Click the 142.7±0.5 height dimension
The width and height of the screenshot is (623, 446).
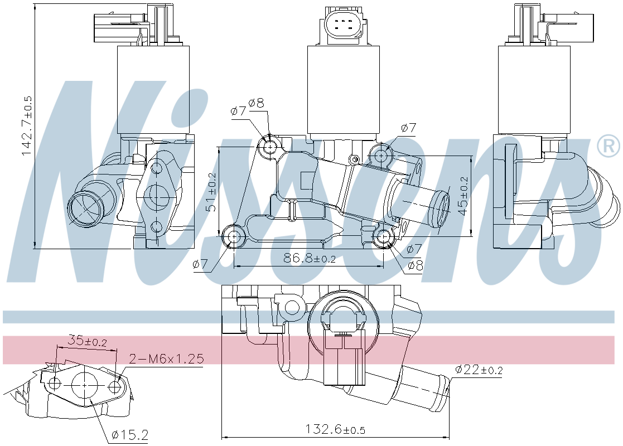click(x=26, y=126)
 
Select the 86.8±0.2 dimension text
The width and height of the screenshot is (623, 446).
click(x=310, y=259)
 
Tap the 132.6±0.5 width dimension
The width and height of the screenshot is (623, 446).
click(x=335, y=429)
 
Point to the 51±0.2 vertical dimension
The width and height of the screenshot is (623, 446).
click(x=212, y=192)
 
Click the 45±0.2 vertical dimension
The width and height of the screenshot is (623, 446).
click(x=463, y=196)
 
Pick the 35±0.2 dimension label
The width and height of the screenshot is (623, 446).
click(x=88, y=341)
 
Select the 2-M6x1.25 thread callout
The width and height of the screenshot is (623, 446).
click(x=166, y=358)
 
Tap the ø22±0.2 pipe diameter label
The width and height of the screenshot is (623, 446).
click(x=479, y=370)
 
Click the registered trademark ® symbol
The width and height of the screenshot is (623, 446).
click(x=608, y=146)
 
